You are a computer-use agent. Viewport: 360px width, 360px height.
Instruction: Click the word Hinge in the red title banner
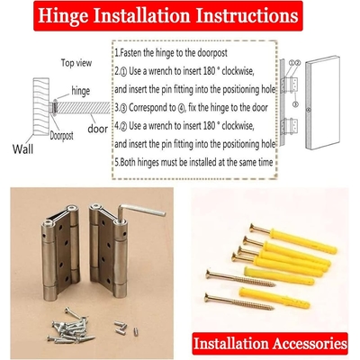63,15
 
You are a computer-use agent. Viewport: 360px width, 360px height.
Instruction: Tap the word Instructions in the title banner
247,15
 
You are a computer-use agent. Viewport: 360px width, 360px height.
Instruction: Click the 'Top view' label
76,63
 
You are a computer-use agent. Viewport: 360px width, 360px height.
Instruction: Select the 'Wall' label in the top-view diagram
22,148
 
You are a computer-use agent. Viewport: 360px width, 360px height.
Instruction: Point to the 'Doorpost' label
61,136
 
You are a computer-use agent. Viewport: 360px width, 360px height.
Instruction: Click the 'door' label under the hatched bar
97,129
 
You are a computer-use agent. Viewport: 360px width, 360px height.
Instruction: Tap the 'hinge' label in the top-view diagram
80,91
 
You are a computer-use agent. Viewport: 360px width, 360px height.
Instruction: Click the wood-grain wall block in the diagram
40,106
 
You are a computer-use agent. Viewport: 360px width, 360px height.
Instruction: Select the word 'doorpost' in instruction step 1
212,53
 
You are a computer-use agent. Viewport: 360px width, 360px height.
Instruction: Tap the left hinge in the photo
60,252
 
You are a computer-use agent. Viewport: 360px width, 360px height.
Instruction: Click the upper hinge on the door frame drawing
290,85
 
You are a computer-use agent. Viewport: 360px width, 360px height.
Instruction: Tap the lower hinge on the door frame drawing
290,126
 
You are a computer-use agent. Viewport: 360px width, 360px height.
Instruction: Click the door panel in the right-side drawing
322,103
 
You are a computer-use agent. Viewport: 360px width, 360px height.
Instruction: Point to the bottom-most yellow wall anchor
274,298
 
